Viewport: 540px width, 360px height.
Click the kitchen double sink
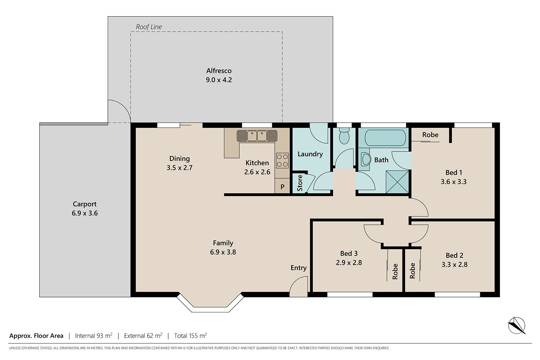pyautogui.click(x=257, y=136)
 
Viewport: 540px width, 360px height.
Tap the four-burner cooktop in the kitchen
pyautogui.click(x=282, y=161)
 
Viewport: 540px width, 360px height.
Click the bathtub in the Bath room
pyautogui.click(x=385, y=138)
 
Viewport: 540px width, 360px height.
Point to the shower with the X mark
pyautogui.click(x=397, y=182)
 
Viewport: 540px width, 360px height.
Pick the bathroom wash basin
pyautogui.click(x=366, y=159)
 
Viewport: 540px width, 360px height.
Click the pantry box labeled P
pyautogui.click(x=282, y=186)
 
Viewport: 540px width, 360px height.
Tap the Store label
pyautogui.click(x=300, y=183)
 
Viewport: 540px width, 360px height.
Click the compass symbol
pyautogui.click(x=517, y=325)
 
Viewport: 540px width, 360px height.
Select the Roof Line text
pyautogui.click(x=149, y=27)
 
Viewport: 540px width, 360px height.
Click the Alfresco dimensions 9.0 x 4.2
pyautogui.click(x=219, y=80)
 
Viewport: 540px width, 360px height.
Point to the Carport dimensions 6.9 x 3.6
pyautogui.click(x=85, y=213)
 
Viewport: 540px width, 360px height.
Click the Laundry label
pyautogui.click(x=310, y=154)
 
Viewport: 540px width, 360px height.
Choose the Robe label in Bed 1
pyautogui.click(x=430, y=135)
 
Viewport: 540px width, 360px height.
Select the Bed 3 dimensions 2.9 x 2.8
pyautogui.click(x=349, y=262)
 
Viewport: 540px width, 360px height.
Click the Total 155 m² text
pyautogui.click(x=190, y=336)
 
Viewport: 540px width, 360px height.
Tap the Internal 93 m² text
pyautogui.click(x=94, y=336)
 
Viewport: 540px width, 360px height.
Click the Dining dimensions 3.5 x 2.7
pyautogui.click(x=180, y=168)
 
